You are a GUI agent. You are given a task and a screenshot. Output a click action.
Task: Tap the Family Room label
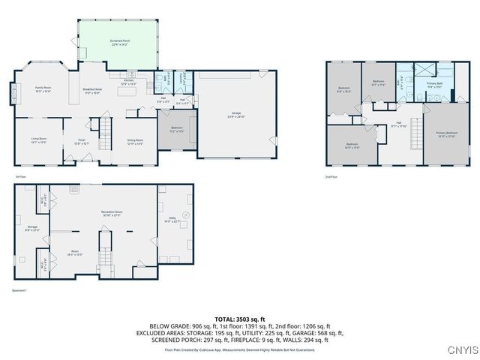(43, 89)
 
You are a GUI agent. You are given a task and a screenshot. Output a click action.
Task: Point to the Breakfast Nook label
(92, 91)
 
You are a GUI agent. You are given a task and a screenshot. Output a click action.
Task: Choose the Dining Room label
(134, 140)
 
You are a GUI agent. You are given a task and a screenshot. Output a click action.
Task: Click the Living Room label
(39, 140)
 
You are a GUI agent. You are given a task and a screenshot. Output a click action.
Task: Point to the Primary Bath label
(435, 84)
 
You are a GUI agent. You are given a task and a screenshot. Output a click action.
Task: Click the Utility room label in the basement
(175, 220)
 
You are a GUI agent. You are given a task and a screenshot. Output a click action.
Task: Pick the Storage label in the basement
(32, 227)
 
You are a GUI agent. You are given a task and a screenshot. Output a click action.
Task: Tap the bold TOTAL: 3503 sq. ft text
(239, 319)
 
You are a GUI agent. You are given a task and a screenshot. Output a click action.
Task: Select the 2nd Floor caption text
(331, 176)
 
